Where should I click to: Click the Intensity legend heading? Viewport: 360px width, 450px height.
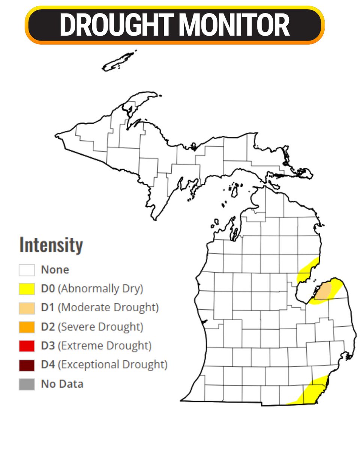[51, 245]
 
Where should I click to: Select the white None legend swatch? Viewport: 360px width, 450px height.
[27, 270]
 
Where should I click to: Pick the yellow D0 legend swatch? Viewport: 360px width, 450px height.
[27, 289]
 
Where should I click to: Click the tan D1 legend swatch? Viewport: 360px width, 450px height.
[27, 308]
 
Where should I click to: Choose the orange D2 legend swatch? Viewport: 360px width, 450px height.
[27, 327]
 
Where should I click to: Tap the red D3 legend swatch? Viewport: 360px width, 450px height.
[27, 346]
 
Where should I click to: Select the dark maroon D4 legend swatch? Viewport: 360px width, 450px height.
[27, 365]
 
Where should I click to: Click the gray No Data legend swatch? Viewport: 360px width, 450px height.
[27, 384]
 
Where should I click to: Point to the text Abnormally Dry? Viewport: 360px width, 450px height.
[101, 289]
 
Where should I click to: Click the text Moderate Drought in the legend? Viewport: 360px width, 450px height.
[109, 308]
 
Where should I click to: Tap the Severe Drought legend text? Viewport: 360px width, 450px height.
[100, 327]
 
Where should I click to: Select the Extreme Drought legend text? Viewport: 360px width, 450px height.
[105, 346]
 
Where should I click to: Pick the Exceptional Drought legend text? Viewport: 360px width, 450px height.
[112, 365]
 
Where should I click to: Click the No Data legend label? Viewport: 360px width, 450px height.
[62, 384]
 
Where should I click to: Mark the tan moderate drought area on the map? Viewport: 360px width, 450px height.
[323, 292]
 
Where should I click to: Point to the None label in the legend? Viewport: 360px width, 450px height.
[55, 270]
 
